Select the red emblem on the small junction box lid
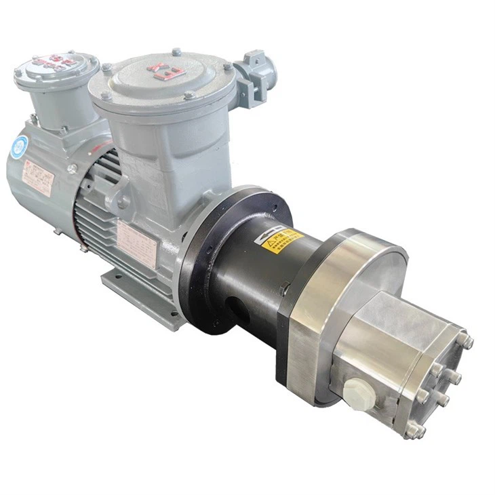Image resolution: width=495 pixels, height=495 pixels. point(53,62)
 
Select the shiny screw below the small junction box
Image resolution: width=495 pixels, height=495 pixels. point(72,169)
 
